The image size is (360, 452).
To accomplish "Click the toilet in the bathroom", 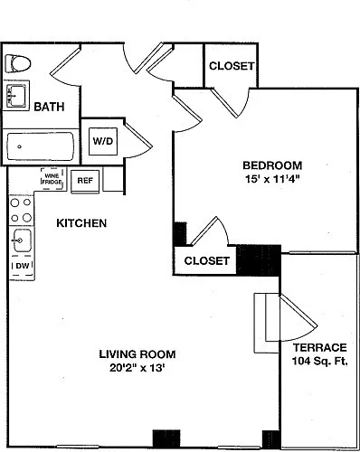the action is click(x=18, y=63).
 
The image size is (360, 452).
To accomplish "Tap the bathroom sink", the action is click(x=16, y=96).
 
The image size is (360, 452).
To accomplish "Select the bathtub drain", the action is click(x=20, y=146).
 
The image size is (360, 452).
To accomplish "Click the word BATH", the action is click(x=49, y=107).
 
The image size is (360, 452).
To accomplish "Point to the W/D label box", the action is click(x=103, y=141).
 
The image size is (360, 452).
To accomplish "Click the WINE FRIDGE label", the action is click(x=52, y=179).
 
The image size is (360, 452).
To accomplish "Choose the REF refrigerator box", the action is click(x=85, y=181).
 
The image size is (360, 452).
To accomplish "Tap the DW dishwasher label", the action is click(x=23, y=266).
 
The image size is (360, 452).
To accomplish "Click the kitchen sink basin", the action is click(x=22, y=240).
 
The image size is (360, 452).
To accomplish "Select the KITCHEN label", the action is click(x=81, y=223).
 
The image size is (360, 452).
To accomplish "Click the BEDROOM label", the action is click(x=272, y=165).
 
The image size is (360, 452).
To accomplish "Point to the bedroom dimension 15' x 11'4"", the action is click(x=272, y=179).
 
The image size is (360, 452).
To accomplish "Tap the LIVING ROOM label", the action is click(x=137, y=354).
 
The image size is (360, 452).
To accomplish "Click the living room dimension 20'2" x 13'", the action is click(x=137, y=368).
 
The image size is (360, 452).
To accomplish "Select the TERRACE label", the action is click(x=320, y=348).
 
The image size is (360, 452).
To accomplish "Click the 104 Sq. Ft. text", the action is click(x=320, y=361).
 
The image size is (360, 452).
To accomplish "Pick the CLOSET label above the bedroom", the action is click(x=232, y=66).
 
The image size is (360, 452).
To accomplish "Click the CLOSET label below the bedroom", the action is click(x=207, y=260).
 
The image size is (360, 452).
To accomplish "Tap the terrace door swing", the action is click(x=299, y=319).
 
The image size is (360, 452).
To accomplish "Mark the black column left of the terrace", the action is click(x=259, y=260).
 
